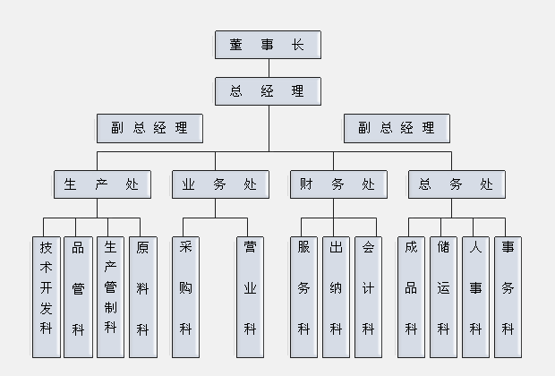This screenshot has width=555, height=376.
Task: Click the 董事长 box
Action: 268,45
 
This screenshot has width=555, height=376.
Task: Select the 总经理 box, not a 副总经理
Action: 268,91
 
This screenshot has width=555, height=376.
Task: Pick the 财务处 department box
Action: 338,184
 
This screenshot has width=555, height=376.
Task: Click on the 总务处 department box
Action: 457,184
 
